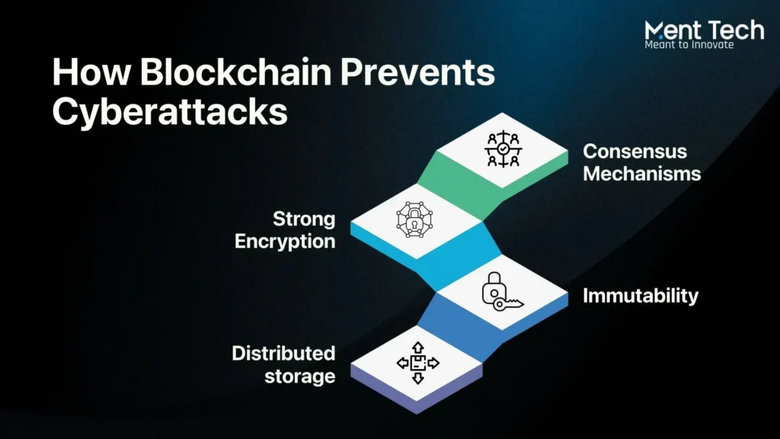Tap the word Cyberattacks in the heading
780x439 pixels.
[169, 112]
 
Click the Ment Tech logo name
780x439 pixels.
[704, 30]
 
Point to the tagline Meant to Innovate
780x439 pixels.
[689, 45]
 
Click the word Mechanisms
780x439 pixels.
[641, 173]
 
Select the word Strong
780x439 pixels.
[304, 219]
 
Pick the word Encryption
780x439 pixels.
[284, 242]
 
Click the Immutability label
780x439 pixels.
[640, 296]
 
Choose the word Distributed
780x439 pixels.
[283, 353]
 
